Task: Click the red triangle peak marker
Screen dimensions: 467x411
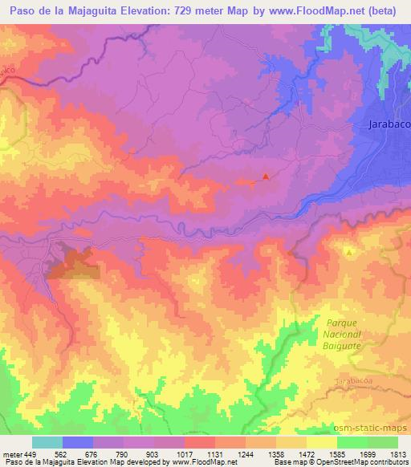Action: tap(267, 177)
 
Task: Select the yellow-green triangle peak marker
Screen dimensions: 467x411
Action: tap(350, 252)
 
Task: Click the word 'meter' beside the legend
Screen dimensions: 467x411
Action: tap(12, 453)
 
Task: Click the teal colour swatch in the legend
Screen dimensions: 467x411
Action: tap(47, 442)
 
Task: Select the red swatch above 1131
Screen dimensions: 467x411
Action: tap(200, 442)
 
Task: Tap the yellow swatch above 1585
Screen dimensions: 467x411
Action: tap(322, 442)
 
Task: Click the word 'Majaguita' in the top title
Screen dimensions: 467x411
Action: tap(92, 11)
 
